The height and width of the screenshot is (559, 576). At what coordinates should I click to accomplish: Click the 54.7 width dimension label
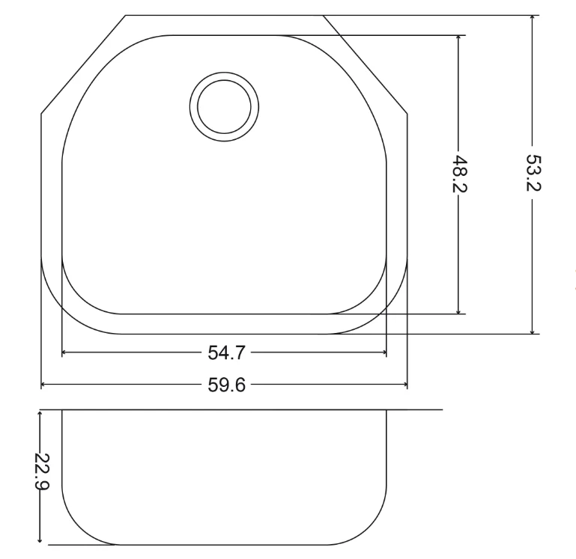coord(226,352)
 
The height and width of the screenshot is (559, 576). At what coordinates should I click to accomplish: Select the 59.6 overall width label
coord(226,385)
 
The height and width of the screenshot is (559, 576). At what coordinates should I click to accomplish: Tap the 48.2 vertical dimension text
coord(458,174)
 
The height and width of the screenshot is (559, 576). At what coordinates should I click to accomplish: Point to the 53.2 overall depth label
coord(533,173)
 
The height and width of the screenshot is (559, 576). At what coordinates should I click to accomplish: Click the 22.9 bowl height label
coord(41,471)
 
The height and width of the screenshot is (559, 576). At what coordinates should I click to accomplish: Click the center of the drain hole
coord(224,107)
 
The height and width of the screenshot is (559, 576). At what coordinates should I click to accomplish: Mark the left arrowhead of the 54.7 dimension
coord(64,352)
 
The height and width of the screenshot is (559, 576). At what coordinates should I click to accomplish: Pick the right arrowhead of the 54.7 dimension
coord(384,352)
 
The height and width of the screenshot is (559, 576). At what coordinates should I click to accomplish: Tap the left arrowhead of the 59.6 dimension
coord(43,385)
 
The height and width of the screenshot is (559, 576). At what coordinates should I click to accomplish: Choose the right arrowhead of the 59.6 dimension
coord(405,385)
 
